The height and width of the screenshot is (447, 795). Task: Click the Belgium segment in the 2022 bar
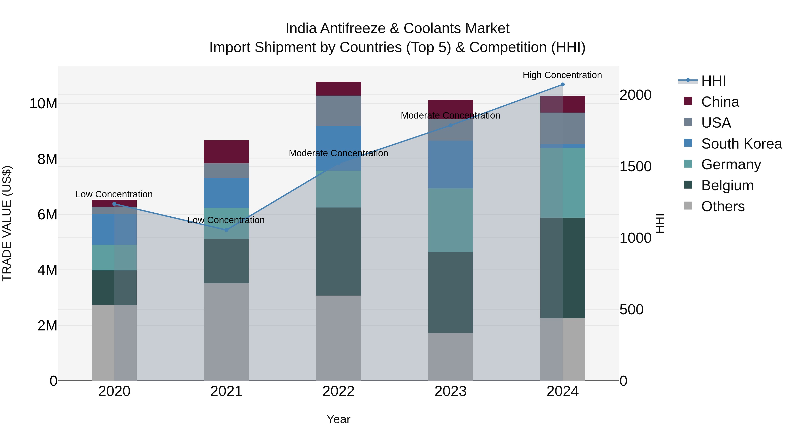pos(338,251)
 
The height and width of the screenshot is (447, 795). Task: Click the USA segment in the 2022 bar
pos(338,110)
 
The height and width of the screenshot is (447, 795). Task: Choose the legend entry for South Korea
pos(741,143)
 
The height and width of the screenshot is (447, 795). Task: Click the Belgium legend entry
pos(727,185)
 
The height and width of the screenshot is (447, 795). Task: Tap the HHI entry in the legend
pos(713,81)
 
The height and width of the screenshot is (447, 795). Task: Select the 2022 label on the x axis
pos(338,391)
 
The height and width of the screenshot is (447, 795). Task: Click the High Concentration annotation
pos(562,75)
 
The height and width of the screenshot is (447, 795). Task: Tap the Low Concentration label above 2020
pos(114,194)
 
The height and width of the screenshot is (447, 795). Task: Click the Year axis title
pos(338,419)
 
